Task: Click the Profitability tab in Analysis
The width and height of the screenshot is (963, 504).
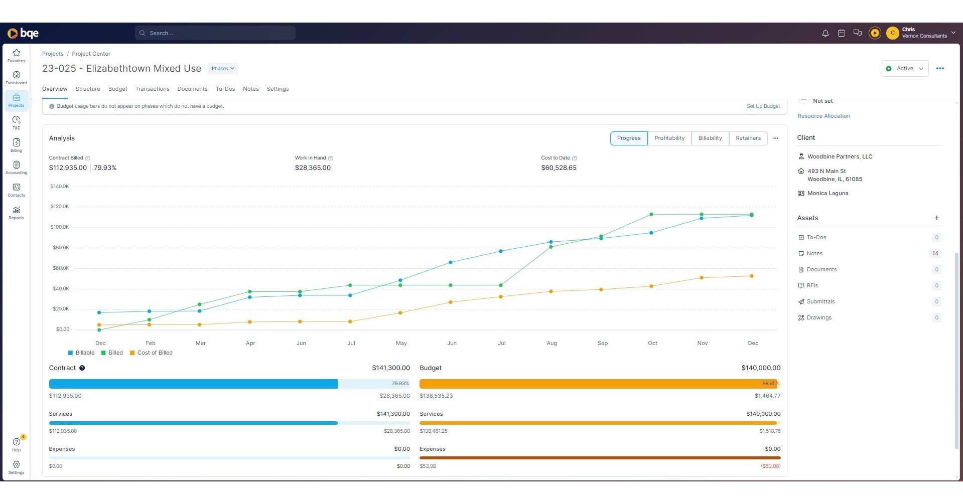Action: click(669, 138)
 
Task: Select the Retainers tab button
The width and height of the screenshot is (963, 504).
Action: click(748, 138)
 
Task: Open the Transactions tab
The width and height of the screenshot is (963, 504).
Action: click(152, 89)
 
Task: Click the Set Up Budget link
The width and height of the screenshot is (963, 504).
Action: click(763, 106)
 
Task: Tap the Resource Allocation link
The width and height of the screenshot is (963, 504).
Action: click(823, 116)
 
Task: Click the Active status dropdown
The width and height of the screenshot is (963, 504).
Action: click(904, 69)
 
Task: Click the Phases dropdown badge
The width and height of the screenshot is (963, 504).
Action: click(223, 69)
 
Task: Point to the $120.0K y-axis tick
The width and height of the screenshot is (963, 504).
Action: click(60, 207)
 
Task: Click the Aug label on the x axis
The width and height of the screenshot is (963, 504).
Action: click(552, 344)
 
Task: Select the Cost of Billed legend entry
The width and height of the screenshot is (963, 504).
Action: click(151, 353)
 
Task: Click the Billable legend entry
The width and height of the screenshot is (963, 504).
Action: click(81, 353)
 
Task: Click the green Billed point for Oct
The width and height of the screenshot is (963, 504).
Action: click(651, 215)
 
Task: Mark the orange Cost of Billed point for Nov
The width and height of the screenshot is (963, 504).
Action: click(701, 278)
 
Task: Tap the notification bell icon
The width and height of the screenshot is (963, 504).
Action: click(825, 33)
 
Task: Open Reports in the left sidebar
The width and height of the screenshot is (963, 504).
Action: click(16, 213)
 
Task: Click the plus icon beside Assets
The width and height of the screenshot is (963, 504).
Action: click(936, 218)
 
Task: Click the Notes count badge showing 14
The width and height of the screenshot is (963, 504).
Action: click(935, 254)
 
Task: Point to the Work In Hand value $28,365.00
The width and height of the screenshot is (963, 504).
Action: click(313, 168)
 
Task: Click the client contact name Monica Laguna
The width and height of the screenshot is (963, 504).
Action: click(828, 194)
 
